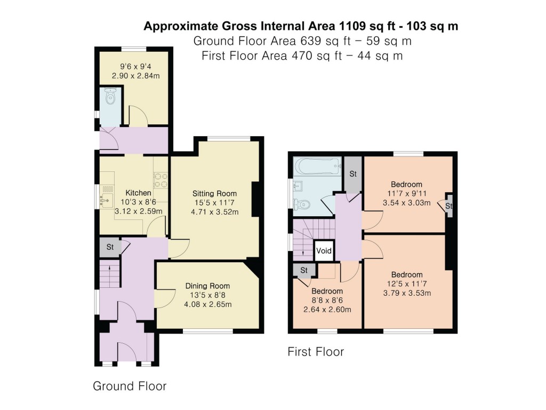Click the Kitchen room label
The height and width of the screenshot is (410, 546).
coord(138,193)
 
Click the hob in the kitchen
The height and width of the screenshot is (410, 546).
coord(161,178)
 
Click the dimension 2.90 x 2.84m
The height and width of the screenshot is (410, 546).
coord(135,76)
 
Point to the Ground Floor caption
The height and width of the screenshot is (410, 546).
coord(130,386)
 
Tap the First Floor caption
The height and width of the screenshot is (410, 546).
coord(316,352)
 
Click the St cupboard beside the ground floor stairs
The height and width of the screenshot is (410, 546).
coord(110,247)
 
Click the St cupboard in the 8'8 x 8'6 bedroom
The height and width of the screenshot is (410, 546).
coord(304,271)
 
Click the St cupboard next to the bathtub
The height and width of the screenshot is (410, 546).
coord(352,174)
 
